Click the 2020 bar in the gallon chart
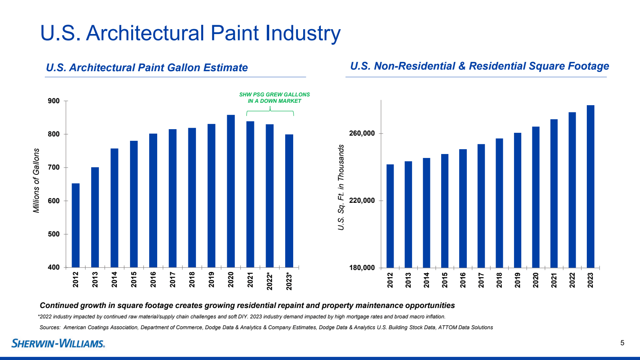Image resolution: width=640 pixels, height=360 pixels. pyautogui.click(x=231, y=191)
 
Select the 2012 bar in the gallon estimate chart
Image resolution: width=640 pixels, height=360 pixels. pyautogui.click(x=76, y=225)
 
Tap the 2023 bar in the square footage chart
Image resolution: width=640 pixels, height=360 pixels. pyautogui.click(x=590, y=186)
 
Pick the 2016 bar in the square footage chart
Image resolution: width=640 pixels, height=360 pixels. pyautogui.click(x=463, y=208)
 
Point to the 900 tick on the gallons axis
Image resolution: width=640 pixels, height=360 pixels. pyautogui.click(x=54, y=101)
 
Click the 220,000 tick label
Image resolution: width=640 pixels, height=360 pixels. pyautogui.click(x=362, y=201)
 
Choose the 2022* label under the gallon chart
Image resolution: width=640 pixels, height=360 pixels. pyautogui.click(x=270, y=281)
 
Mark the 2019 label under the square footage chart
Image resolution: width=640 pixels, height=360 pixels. pyautogui.click(x=518, y=280)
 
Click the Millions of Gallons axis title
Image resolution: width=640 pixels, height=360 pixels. pyautogui.click(x=36, y=180)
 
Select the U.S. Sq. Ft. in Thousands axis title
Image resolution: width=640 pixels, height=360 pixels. pyautogui.click(x=341, y=187)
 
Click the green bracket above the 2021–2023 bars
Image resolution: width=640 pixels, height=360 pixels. pyautogui.click(x=270, y=112)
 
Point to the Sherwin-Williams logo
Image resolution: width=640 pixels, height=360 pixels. pyautogui.click(x=58, y=343)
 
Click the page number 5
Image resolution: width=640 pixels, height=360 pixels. pyautogui.click(x=622, y=343)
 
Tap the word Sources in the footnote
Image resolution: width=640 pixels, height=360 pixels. pyautogui.click(x=50, y=327)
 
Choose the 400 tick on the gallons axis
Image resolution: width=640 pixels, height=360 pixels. pyautogui.click(x=54, y=267)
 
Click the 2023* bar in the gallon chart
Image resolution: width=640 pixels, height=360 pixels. pyautogui.click(x=289, y=201)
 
